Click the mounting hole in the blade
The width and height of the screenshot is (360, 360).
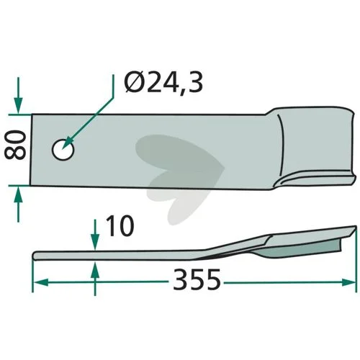click(x=63, y=150)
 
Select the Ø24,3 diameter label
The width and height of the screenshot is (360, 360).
click(x=163, y=83)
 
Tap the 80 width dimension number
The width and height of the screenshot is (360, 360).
click(x=15, y=145)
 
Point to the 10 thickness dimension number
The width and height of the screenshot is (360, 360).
click(x=120, y=225)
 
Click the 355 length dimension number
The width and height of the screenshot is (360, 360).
click(x=197, y=279)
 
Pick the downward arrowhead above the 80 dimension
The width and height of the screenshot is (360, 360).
click(x=18, y=106)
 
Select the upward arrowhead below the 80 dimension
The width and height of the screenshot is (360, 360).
click(x=18, y=194)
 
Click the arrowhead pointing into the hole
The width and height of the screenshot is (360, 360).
click(x=68, y=143)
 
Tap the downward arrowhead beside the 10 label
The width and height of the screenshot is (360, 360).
click(x=96, y=242)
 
